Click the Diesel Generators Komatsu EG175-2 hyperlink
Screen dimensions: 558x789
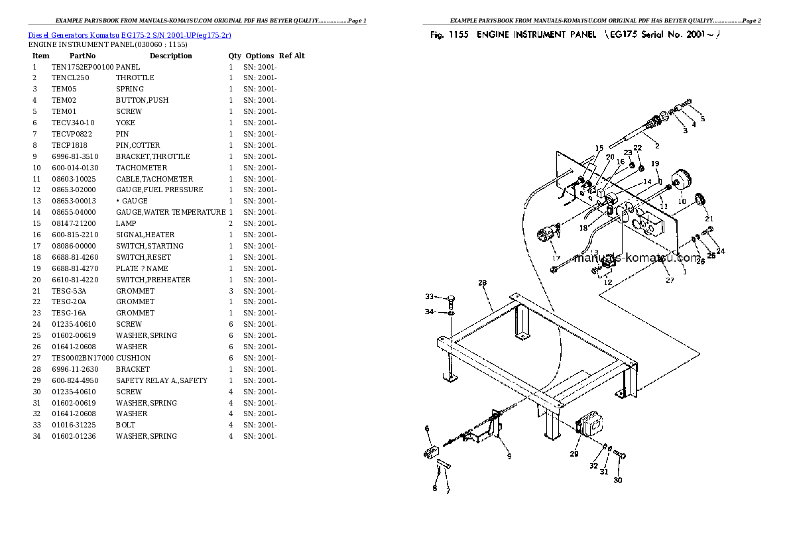[x=129, y=34]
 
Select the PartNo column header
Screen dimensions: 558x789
[x=82, y=56]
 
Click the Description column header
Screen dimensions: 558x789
[x=170, y=56]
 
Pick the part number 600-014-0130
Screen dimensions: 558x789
[x=75, y=168]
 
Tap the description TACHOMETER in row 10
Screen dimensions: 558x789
[x=141, y=168]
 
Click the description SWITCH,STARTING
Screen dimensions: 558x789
[x=150, y=246]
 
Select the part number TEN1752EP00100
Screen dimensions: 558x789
[x=82, y=67]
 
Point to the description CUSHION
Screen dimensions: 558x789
[x=133, y=358]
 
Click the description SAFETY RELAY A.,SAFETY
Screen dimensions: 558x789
[x=161, y=380]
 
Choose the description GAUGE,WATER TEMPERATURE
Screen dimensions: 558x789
[x=170, y=212]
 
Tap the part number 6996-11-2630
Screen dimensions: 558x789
[x=75, y=369]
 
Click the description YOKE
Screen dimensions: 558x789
[x=125, y=123]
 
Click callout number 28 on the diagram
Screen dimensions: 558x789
[x=482, y=283]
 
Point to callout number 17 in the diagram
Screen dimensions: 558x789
[x=556, y=258]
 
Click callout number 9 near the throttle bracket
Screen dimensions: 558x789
[x=509, y=455]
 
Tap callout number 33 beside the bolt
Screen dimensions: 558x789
[x=429, y=296]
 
